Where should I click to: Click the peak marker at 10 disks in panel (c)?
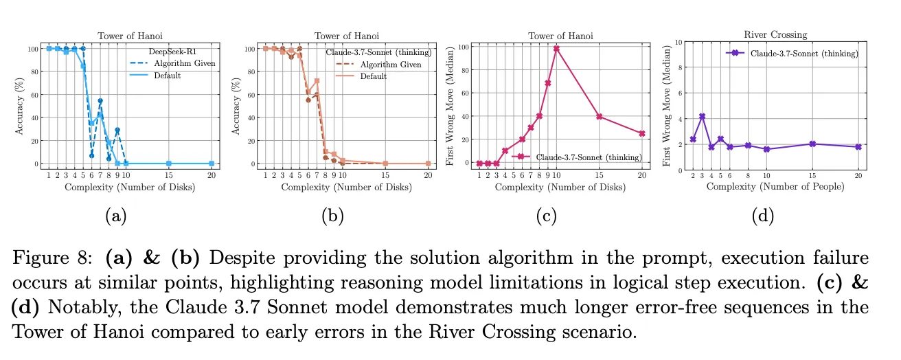click(x=556, y=49)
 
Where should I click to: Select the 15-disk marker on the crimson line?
click(x=599, y=117)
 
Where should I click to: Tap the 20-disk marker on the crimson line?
click(x=641, y=133)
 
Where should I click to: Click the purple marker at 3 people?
click(x=702, y=116)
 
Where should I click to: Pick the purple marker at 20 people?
click(x=858, y=147)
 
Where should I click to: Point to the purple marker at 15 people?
click(x=812, y=144)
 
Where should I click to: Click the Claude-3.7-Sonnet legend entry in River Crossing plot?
click(x=804, y=53)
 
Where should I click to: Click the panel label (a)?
click(x=115, y=216)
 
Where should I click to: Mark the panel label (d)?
click(x=763, y=216)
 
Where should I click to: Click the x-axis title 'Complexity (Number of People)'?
click(x=775, y=187)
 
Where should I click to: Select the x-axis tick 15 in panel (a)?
click(x=169, y=175)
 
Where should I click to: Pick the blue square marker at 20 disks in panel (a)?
click(x=211, y=164)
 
